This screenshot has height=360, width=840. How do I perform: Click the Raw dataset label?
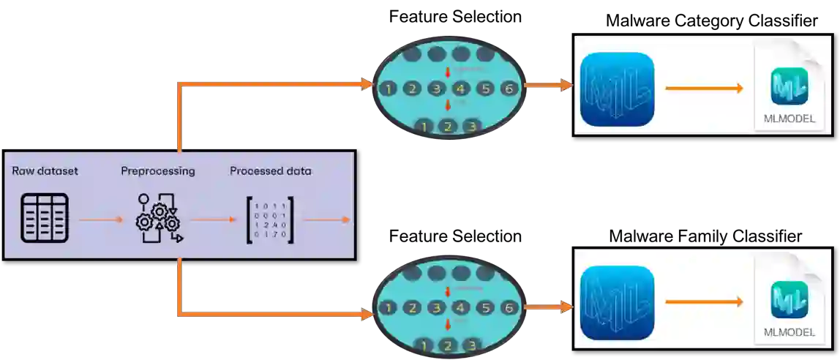45,171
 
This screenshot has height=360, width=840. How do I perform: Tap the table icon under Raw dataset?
45,218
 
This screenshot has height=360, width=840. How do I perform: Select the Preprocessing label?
157,171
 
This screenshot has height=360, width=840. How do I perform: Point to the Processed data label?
270,171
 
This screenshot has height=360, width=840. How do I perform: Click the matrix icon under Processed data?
270,219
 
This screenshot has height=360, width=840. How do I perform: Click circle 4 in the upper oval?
461,89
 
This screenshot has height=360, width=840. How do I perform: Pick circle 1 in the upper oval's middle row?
388,89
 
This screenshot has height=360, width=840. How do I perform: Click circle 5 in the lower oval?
485,308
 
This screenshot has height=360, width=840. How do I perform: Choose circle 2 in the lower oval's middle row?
412,308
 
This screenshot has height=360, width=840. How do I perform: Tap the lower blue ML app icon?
616,302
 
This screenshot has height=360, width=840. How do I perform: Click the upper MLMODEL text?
789,119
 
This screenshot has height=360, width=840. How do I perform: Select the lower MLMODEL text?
789,331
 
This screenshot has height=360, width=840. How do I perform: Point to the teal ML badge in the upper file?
789,86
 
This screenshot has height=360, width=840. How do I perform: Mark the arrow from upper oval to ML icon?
548,86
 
